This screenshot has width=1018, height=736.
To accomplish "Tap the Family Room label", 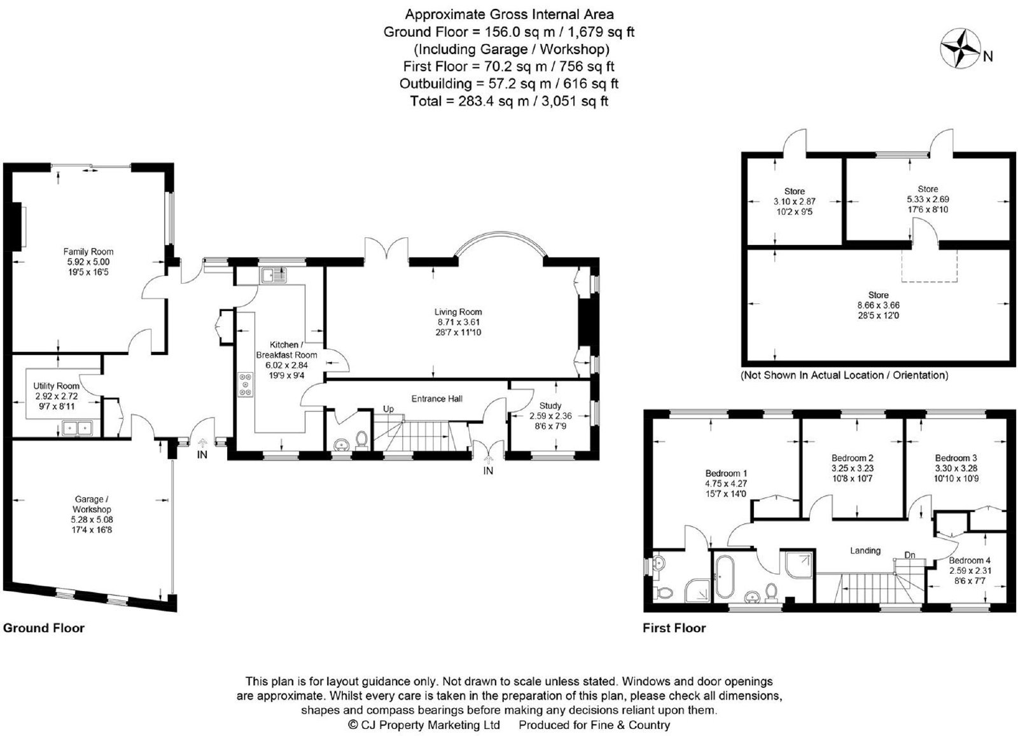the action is click(x=88, y=252).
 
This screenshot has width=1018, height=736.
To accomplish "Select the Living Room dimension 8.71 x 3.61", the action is click(x=458, y=322).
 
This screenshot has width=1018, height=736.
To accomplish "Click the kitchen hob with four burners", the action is click(x=246, y=385).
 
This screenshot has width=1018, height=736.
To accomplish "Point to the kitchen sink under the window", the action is click(x=274, y=275).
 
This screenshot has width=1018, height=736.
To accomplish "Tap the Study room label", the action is click(x=550, y=406).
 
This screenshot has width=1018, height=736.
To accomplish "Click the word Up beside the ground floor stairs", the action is click(x=388, y=409).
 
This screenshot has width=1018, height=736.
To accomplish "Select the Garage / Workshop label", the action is click(x=91, y=504).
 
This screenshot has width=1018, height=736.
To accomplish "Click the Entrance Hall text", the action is click(x=436, y=399).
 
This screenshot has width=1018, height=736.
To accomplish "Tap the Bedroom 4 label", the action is click(x=970, y=560).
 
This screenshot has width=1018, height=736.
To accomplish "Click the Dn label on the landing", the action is click(x=909, y=555).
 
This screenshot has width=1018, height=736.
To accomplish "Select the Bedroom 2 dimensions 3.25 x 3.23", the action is click(x=853, y=468).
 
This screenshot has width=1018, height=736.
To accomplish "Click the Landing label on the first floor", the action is click(x=865, y=551).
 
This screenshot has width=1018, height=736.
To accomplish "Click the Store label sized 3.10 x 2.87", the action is click(x=795, y=191).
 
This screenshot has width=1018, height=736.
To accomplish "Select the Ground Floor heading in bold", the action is click(x=44, y=628).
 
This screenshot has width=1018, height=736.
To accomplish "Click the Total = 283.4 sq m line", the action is click(x=509, y=101).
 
